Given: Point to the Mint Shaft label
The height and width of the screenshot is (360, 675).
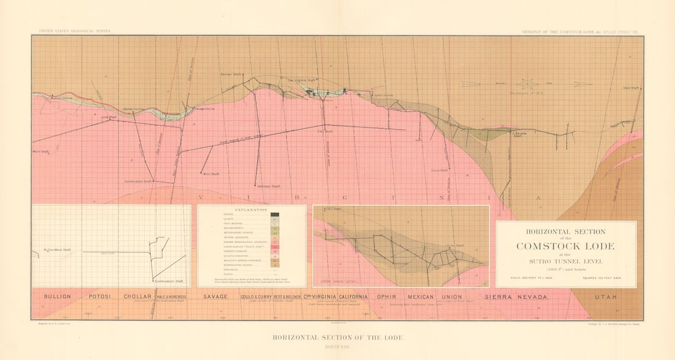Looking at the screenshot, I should point(211,174).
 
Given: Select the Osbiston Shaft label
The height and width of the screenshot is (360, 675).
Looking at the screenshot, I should point(263,186).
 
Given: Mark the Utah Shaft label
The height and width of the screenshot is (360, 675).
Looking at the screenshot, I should point(631,88).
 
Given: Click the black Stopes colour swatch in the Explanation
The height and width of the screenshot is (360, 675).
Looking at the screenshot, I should point(275,215).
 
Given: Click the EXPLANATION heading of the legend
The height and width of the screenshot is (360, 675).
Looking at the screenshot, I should point(251,210).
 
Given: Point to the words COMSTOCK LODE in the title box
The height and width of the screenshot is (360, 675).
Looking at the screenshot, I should point(565,247).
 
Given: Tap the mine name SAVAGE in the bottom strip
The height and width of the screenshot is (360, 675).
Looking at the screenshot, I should point(215,296).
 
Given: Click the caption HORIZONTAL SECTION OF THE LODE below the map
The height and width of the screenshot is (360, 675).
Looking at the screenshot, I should point(338,338).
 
